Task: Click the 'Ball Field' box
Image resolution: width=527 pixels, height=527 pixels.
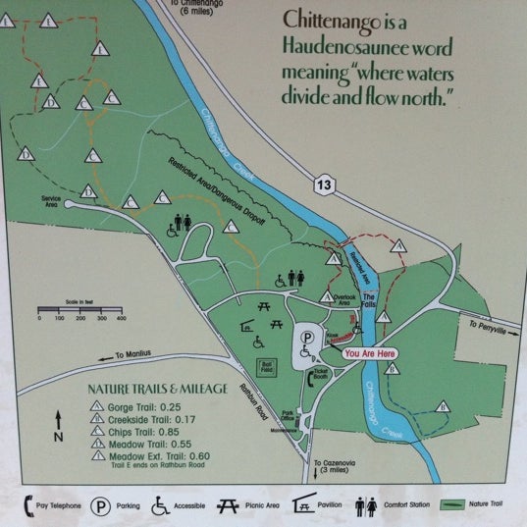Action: pos(264,367)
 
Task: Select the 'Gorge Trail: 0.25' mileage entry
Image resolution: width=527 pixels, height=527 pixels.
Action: pos(139,404)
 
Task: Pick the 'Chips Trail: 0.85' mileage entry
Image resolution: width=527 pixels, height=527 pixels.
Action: pos(139,430)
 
